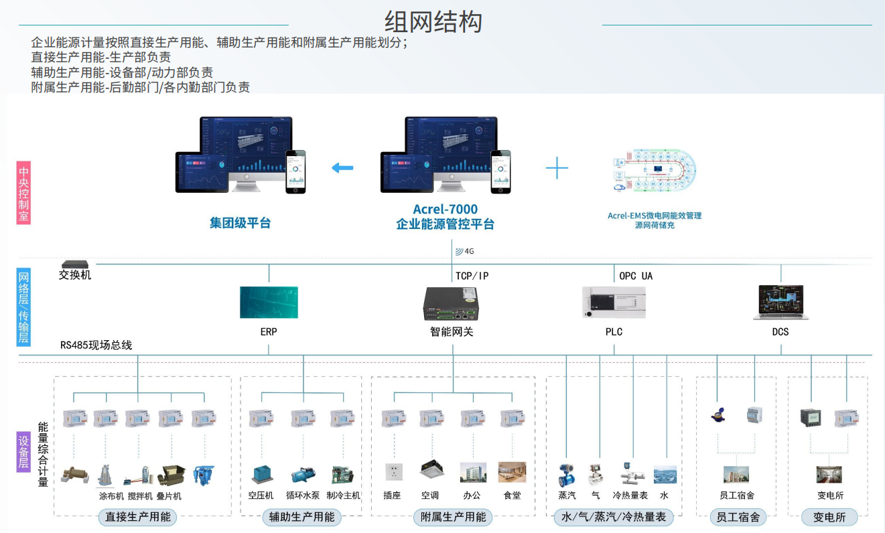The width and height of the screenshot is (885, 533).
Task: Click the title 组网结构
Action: click(x=433, y=22)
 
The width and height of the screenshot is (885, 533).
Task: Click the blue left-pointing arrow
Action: click(x=342, y=167)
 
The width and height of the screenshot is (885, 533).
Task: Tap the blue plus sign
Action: click(x=557, y=167)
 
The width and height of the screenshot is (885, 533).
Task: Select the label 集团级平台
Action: click(x=240, y=223)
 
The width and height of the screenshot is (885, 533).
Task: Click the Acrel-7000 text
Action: click(x=445, y=210)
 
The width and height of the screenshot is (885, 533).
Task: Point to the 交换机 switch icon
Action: click(x=71, y=264)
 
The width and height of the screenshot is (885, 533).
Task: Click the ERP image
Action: click(x=269, y=302)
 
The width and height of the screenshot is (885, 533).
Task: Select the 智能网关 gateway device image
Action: click(x=452, y=304)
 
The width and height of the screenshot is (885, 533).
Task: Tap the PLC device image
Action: click(x=614, y=302)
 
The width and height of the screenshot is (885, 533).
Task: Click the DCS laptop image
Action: click(x=780, y=302)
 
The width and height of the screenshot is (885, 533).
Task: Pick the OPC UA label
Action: click(x=636, y=276)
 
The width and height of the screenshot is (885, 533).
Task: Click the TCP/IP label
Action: click(x=472, y=276)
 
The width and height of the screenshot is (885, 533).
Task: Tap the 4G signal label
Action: click(x=465, y=252)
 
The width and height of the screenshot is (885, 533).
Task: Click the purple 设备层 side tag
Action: click(x=23, y=452)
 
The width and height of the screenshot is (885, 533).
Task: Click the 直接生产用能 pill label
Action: click(x=138, y=517)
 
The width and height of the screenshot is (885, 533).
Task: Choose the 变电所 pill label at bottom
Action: click(x=830, y=517)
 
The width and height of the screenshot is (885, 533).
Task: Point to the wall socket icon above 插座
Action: click(x=393, y=472)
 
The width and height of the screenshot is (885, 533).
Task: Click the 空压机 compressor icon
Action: click(x=261, y=474)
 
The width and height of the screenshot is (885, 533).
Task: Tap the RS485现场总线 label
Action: click(x=96, y=346)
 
